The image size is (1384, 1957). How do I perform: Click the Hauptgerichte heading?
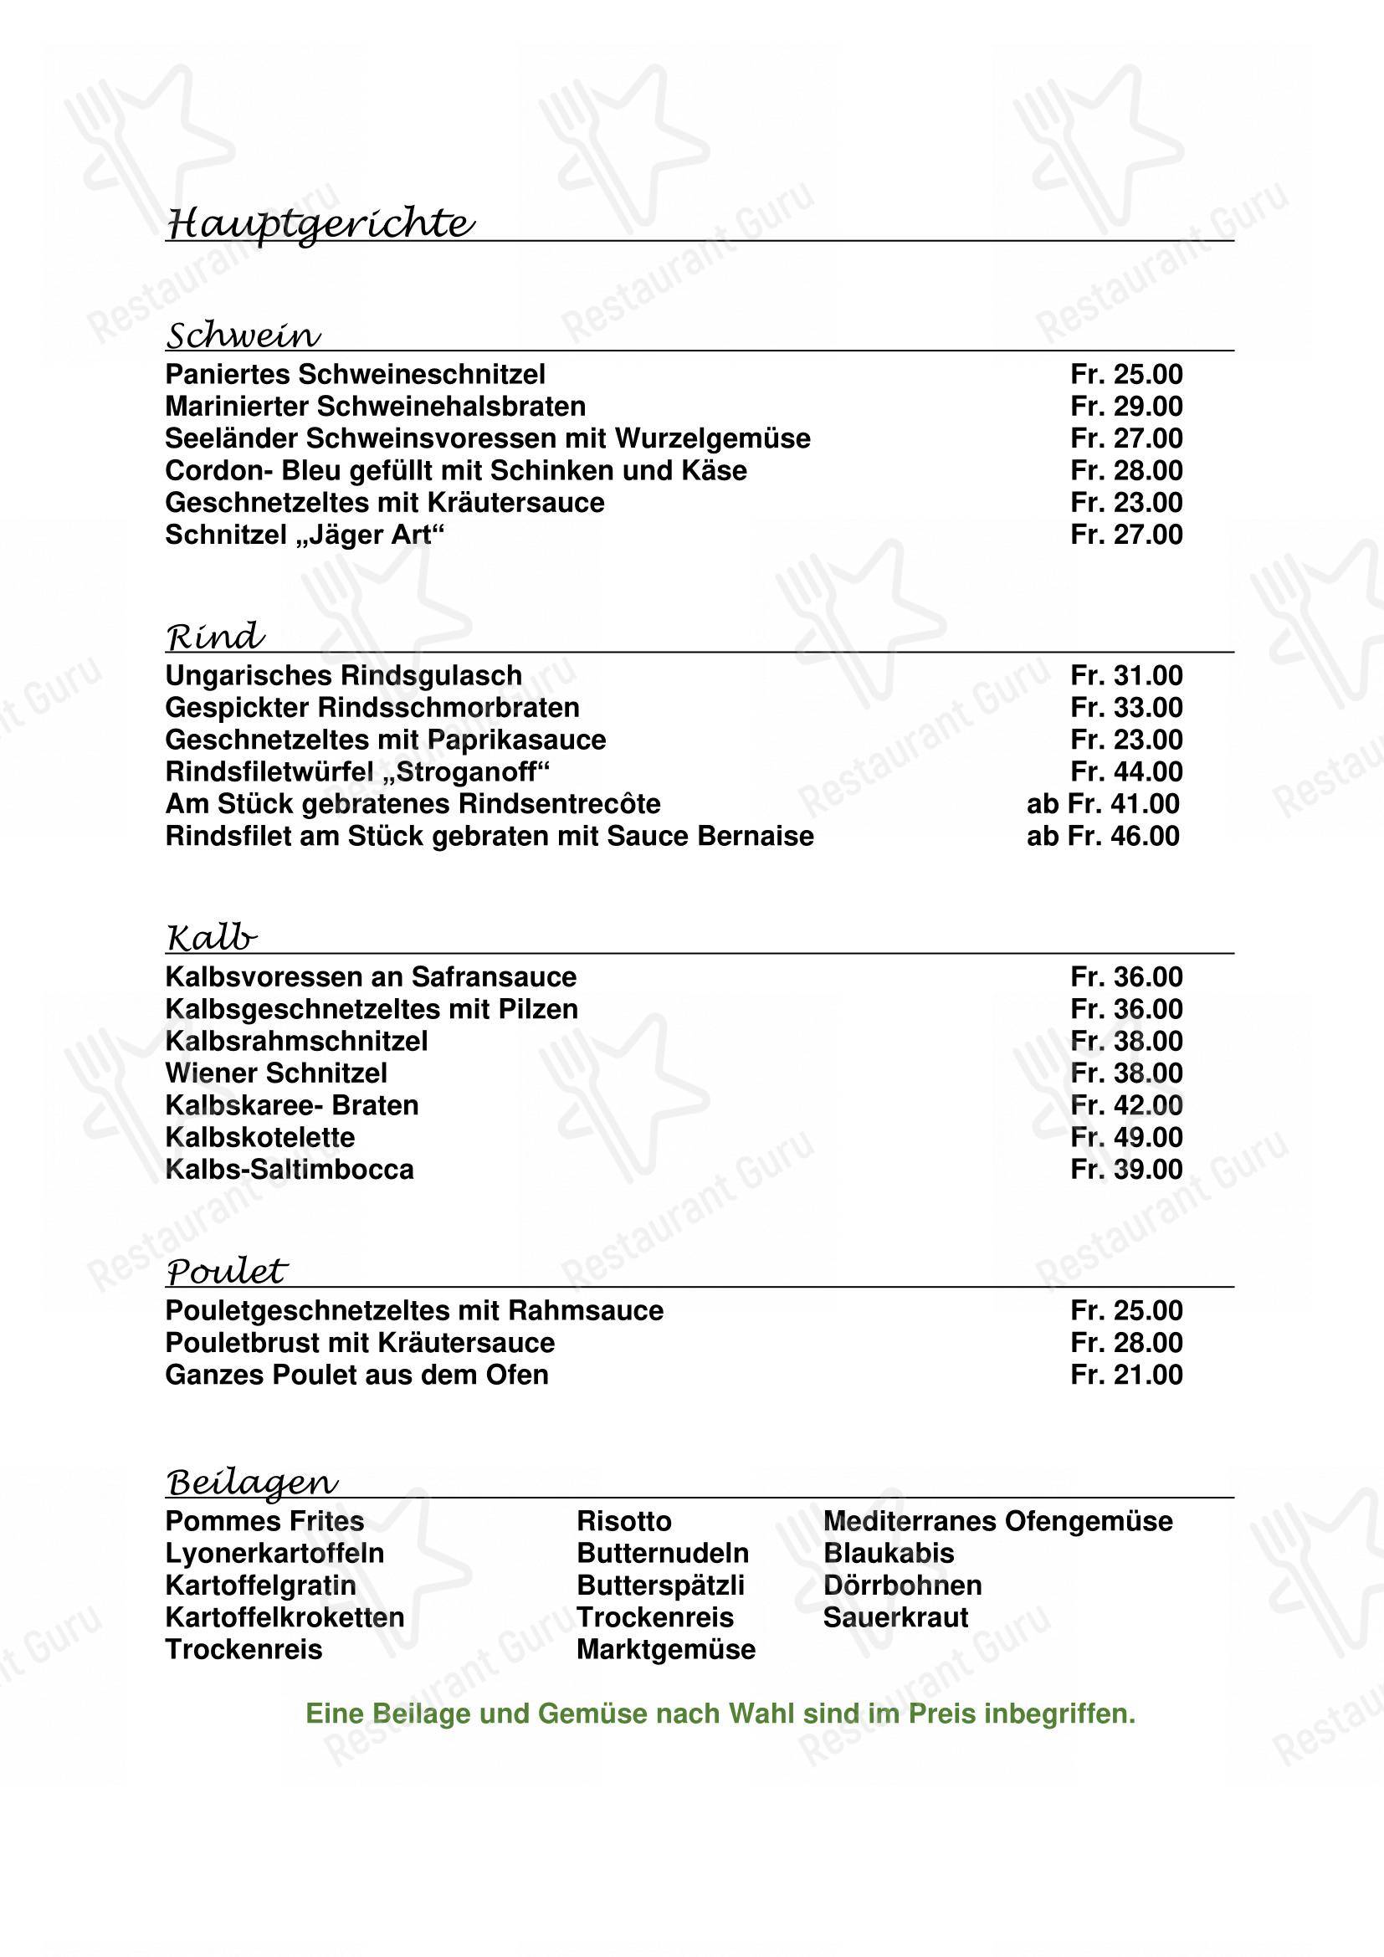[320, 225]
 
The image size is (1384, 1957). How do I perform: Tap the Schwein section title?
[243, 336]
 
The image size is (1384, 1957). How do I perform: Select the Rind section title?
[215, 637]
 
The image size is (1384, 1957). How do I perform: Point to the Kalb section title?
[212, 939]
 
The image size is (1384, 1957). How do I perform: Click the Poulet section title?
[227, 1272]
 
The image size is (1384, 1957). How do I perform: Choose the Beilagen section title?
[251, 1483]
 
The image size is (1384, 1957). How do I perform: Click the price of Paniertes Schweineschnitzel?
[1125, 374]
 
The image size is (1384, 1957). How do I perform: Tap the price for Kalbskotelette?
[1125, 1137]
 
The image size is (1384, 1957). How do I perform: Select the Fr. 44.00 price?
[1125, 772]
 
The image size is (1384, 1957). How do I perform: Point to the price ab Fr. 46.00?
[1103, 836]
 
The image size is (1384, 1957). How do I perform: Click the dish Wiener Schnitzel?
[276, 1073]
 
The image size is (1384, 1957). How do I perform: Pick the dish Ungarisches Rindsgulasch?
[343, 676]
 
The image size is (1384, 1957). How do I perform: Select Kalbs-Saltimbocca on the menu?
[290, 1170]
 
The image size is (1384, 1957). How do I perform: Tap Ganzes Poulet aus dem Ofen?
[357, 1375]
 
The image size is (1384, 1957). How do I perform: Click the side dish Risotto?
[624, 1521]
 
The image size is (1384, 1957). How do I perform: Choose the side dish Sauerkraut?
[895, 1618]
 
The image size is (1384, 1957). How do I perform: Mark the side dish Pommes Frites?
[265, 1521]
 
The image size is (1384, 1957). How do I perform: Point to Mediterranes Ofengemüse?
[998, 1521]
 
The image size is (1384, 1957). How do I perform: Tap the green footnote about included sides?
[720, 1714]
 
